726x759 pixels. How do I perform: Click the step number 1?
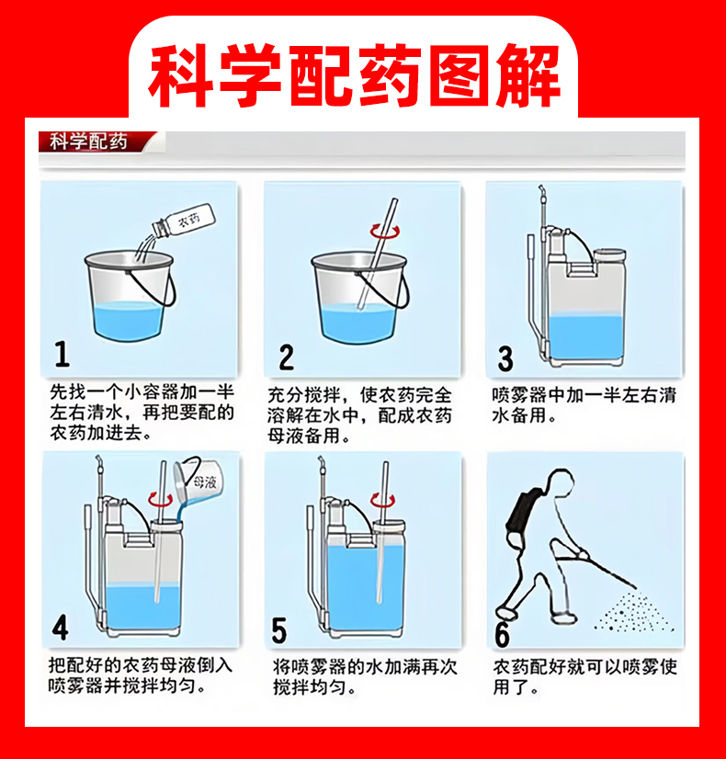pos(62,354)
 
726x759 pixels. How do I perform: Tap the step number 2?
pos(287,357)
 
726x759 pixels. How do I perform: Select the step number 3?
pos(505,358)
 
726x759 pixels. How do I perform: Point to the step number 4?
pos(61,628)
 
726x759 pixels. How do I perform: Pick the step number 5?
pos(279,630)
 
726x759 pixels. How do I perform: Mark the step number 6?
pos(503,634)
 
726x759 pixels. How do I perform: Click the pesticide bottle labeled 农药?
pos(184,221)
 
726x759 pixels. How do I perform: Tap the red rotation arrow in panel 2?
pos(385,232)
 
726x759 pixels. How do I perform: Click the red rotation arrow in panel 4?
pos(160,499)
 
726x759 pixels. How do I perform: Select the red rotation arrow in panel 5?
pos(383,500)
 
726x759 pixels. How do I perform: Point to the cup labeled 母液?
pos(199,480)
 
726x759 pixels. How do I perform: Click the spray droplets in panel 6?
pos(633,612)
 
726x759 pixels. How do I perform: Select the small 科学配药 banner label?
pos(88,142)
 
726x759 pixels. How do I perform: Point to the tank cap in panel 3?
pos(609,255)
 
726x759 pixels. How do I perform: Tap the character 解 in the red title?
pos(528,75)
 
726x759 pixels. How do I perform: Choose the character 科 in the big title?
pos(180,75)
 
